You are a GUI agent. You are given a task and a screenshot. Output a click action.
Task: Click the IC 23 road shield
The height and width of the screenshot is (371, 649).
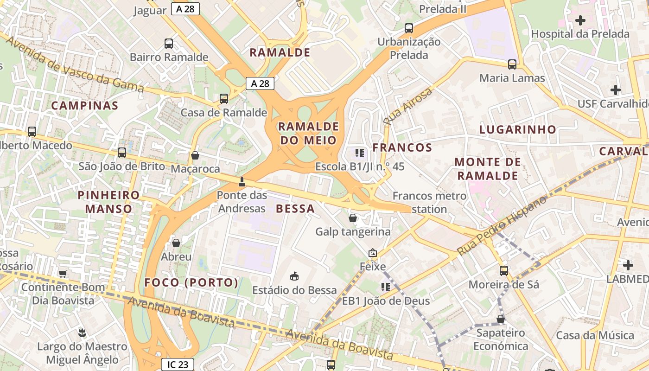pos(178,365)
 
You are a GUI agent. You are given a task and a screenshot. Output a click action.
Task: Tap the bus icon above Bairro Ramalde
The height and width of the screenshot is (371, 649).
pos(169,44)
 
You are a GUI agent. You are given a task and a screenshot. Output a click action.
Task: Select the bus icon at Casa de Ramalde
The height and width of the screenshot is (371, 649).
pos(224,98)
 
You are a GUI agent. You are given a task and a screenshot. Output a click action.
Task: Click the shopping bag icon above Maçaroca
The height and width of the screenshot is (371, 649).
pos(195,155)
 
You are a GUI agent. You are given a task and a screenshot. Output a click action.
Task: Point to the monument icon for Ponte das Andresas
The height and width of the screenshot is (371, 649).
pos(242,181)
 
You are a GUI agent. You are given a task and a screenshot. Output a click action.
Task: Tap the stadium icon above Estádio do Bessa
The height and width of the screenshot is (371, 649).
pos(294,276)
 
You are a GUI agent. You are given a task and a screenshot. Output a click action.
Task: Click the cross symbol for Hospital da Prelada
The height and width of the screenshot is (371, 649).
pos(580,20)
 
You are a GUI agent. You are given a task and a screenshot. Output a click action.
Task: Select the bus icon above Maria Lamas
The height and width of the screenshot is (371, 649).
pos(512,64)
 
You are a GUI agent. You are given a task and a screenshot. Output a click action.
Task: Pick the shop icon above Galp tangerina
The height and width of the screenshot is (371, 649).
pos(353,217)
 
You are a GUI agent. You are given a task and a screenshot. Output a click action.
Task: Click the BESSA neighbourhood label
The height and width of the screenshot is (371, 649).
pos(295,209)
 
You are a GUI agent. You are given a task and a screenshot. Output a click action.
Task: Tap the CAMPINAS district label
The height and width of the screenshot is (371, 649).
pos(85,106)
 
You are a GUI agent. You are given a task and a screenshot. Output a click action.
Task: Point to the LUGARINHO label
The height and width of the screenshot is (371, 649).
pos(517,129)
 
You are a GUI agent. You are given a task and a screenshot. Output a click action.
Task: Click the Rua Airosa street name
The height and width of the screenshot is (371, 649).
pos(408,106)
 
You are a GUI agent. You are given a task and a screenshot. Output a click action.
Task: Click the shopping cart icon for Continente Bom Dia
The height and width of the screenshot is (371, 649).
pos(63,274)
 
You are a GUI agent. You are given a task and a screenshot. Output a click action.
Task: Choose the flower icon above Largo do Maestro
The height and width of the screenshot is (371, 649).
pos(82,332)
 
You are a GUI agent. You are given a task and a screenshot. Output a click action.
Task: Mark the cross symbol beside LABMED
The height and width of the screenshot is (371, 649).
pos(628,265)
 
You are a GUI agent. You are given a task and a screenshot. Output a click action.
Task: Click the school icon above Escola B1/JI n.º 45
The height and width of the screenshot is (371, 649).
pos(359,152)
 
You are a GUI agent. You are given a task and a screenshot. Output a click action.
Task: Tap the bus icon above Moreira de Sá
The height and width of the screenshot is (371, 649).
pos(504,270)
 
